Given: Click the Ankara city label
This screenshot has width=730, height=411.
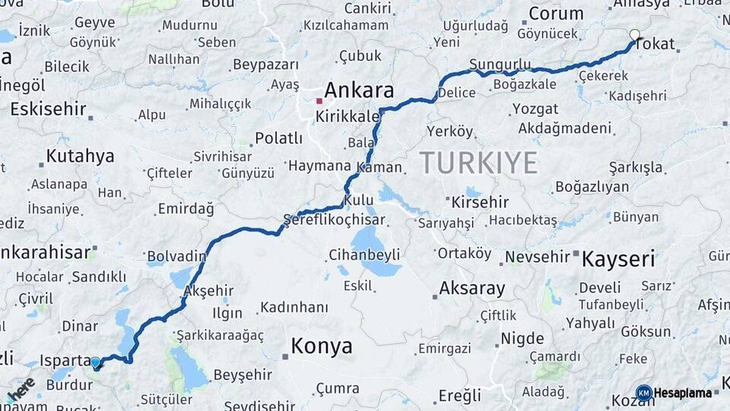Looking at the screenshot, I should coord(361,91).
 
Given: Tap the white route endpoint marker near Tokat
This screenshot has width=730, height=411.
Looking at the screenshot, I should coord(635,34).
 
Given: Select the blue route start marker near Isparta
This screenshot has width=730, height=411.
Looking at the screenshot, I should coord(96,362).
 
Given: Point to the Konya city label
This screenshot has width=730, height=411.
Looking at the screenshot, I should coord(322,347).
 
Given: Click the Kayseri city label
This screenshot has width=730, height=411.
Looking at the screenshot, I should coord(618,259).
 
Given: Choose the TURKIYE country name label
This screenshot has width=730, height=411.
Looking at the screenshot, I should coord(478,162).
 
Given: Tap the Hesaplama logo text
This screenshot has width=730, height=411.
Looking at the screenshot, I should coord(683,393).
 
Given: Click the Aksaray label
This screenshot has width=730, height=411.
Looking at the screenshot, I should coord(472,288).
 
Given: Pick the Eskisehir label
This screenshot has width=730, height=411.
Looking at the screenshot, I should coord(49,109).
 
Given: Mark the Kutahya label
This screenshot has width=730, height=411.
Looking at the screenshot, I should coord(80,156).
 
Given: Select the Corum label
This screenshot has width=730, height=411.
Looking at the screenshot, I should coord(556,14).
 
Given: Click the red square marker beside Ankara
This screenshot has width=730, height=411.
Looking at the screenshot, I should coord(319,100).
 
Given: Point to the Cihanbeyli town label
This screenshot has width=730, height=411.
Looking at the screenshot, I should coord(363,254).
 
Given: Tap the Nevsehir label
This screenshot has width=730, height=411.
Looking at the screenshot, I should coord(537,256).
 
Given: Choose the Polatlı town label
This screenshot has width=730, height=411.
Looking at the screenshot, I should coord(278,139).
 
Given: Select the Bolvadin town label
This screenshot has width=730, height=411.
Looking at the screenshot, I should coord(176,255).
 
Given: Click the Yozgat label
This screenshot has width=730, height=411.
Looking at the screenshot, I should coord(535,109).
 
